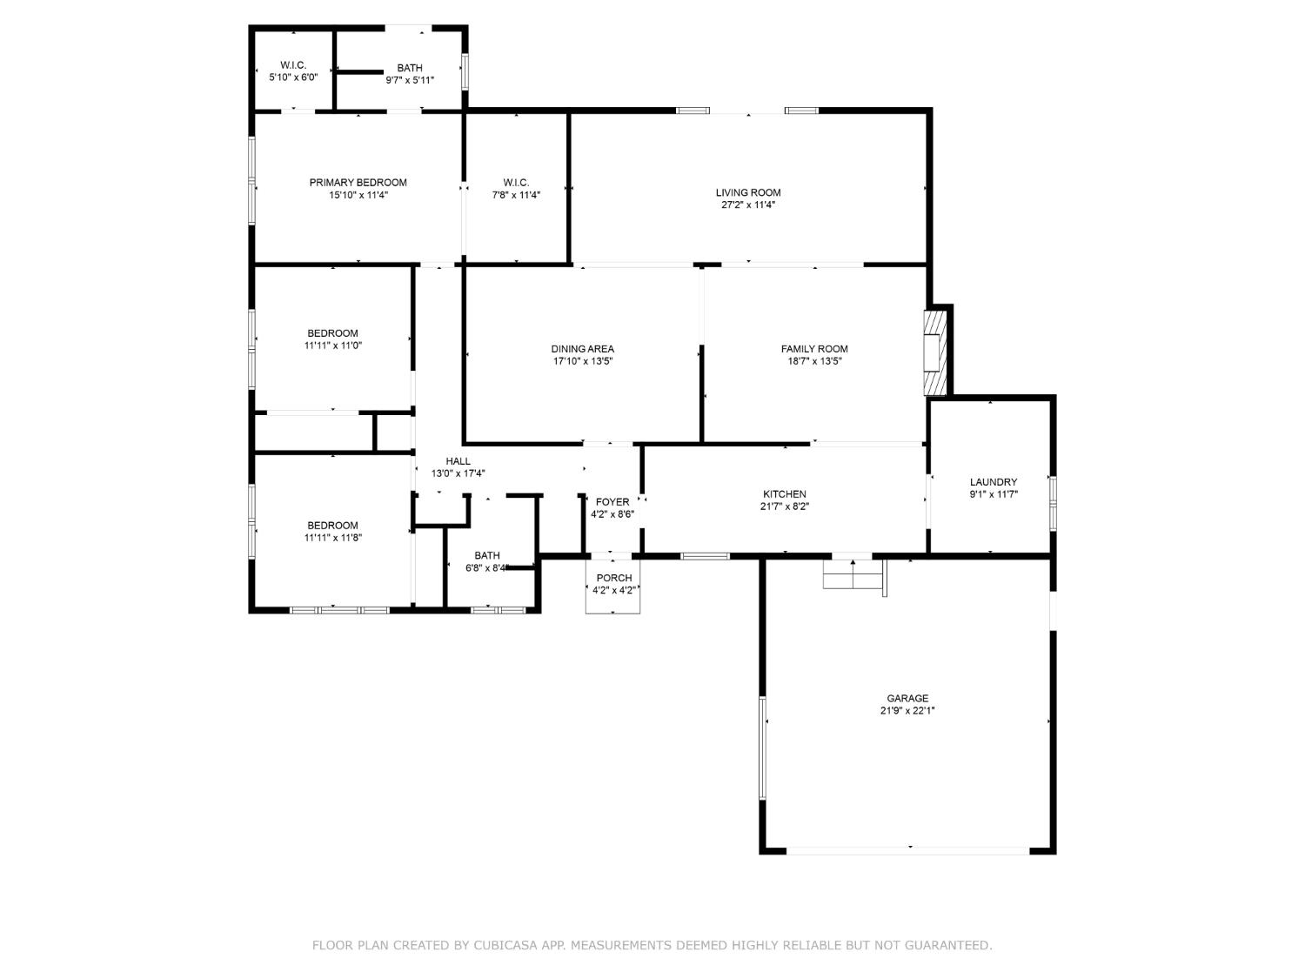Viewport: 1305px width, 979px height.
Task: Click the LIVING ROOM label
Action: point(747,192)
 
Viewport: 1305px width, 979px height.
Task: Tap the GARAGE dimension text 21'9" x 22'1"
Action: point(907,710)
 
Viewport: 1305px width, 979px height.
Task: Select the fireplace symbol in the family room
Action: point(934,352)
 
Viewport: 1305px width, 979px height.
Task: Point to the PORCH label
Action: point(613,578)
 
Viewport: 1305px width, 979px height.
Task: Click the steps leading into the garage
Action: point(853,574)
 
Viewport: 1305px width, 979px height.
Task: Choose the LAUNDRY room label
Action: point(993,482)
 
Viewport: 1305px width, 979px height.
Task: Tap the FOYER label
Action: point(612,502)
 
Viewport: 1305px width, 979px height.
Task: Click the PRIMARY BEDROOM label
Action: point(358,183)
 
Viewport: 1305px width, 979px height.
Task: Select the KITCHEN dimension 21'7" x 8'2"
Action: point(784,506)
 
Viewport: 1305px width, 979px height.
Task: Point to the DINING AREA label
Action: point(582,349)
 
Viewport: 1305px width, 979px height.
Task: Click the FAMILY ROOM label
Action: point(813,349)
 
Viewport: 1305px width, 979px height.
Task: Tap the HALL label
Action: point(458,461)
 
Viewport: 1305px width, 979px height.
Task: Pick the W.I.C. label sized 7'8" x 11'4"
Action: point(516,183)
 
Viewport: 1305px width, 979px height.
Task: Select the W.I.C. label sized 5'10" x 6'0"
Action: point(293,65)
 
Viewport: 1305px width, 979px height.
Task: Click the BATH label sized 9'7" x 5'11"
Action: point(410,68)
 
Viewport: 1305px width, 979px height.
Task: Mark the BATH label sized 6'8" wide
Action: point(487,556)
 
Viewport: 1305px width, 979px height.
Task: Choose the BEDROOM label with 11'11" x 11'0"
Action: point(332,333)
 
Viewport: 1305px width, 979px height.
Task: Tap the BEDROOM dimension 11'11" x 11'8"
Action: point(332,538)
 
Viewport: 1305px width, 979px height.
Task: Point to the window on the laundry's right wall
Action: point(1052,503)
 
